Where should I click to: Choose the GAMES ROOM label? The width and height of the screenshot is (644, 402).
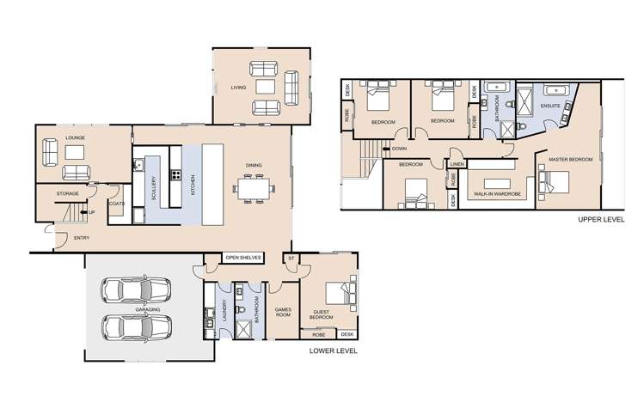point(283,311)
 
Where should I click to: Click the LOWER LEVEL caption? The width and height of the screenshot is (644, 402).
point(334,351)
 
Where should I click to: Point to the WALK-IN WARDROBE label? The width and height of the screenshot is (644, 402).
point(492,195)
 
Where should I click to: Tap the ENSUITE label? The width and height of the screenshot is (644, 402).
point(550,106)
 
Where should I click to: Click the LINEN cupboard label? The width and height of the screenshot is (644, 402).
point(457,163)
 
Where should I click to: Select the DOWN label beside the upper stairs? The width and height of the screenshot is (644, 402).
point(399,149)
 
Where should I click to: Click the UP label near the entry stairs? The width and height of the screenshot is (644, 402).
point(91,211)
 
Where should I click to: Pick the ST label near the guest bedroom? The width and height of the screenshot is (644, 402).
point(291,257)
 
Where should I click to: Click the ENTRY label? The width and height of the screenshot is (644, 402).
point(81,237)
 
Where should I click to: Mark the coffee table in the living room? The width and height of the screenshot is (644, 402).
point(265,88)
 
